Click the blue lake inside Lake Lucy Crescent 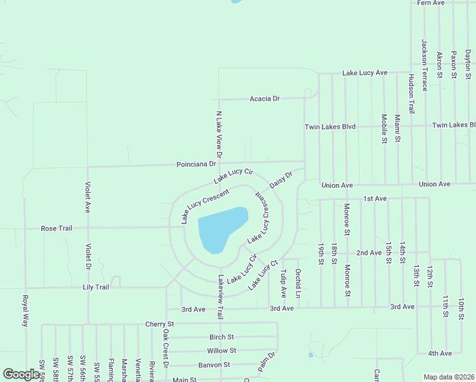point(220,229)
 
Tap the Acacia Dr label point(265,99)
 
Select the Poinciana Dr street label point(197,164)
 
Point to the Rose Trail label point(57,228)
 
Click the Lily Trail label point(96,287)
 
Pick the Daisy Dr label point(281,179)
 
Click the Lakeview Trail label point(220,297)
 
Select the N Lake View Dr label point(219,134)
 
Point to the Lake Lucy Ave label point(365,73)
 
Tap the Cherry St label point(159,324)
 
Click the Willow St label point(221,351)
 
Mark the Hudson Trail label point(411,92)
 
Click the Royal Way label point(26,311)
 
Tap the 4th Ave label point(440,353)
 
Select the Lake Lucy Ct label point(263,275)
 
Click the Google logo point(21,374)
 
